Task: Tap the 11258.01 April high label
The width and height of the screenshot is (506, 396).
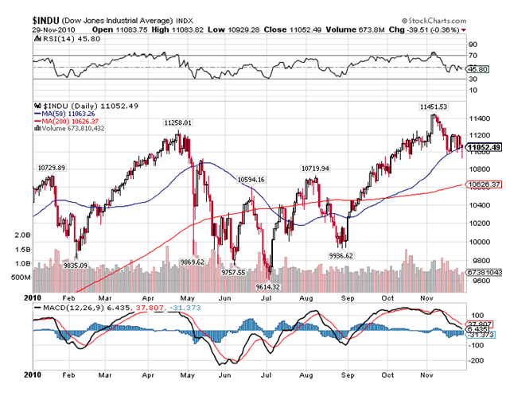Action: [x=178, y=122]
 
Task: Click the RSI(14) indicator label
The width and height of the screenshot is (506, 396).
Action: [x=55, y=37]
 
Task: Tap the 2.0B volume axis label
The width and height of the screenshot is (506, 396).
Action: [x=23, y=236]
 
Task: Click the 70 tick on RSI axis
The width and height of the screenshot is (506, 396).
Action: [x=473, y=56]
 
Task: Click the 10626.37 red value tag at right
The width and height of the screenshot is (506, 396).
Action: [x=485, y=184]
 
